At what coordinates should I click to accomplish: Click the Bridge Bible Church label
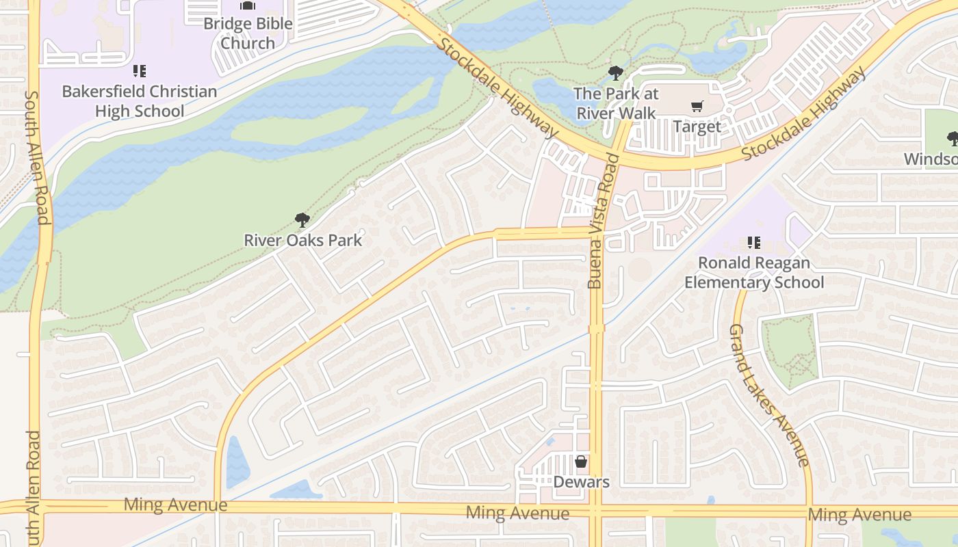(247, 33)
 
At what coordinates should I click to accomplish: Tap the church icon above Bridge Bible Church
(247, 5)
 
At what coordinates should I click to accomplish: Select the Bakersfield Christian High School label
(140, 101)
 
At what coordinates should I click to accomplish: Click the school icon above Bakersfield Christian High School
(140, 71)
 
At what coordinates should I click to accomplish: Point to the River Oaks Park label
(303, 240)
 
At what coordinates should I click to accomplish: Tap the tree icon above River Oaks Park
(302, 220)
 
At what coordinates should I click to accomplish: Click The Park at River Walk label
(616, 103)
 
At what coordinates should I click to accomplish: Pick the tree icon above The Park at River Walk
(616, 73)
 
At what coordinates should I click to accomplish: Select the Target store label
(697, 126)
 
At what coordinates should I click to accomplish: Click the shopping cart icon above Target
(697, 107)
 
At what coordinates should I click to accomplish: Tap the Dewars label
(581, 482)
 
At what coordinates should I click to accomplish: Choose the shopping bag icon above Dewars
(581, 462)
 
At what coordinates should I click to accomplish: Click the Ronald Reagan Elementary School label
(754, 272)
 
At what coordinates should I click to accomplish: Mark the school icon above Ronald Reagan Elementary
(754, 243)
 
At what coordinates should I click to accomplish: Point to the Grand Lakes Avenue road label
(769, 395)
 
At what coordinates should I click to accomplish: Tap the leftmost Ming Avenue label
(175, 505)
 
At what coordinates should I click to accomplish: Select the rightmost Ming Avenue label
(859, 514)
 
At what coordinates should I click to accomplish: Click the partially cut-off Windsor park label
(931, 159)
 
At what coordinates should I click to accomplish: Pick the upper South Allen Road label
(36, 157)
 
